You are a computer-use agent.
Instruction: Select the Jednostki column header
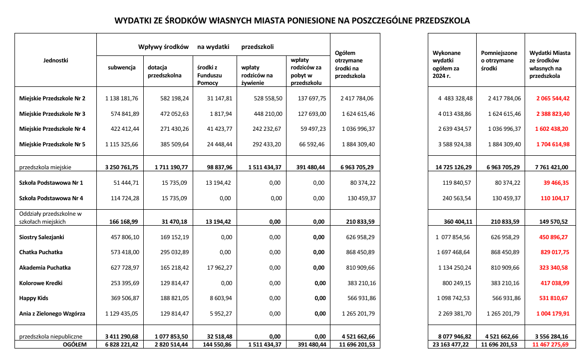tap(55, 60)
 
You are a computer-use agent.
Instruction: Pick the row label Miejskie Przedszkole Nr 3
tap(52, 114)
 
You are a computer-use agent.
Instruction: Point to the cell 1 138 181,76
tap(121, 98)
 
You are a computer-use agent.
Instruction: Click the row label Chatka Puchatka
tap(41, 252)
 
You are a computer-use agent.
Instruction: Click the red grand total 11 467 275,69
tap(551, 345)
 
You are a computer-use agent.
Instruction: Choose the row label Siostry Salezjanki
tap(42, 237)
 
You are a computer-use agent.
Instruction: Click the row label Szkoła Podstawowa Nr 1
tap(51, 183)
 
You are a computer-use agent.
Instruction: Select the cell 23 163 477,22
tap(449, 345)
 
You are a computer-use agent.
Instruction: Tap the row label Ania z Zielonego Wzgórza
tap(52, 314)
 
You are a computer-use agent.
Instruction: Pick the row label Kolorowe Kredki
tap(41, 283)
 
